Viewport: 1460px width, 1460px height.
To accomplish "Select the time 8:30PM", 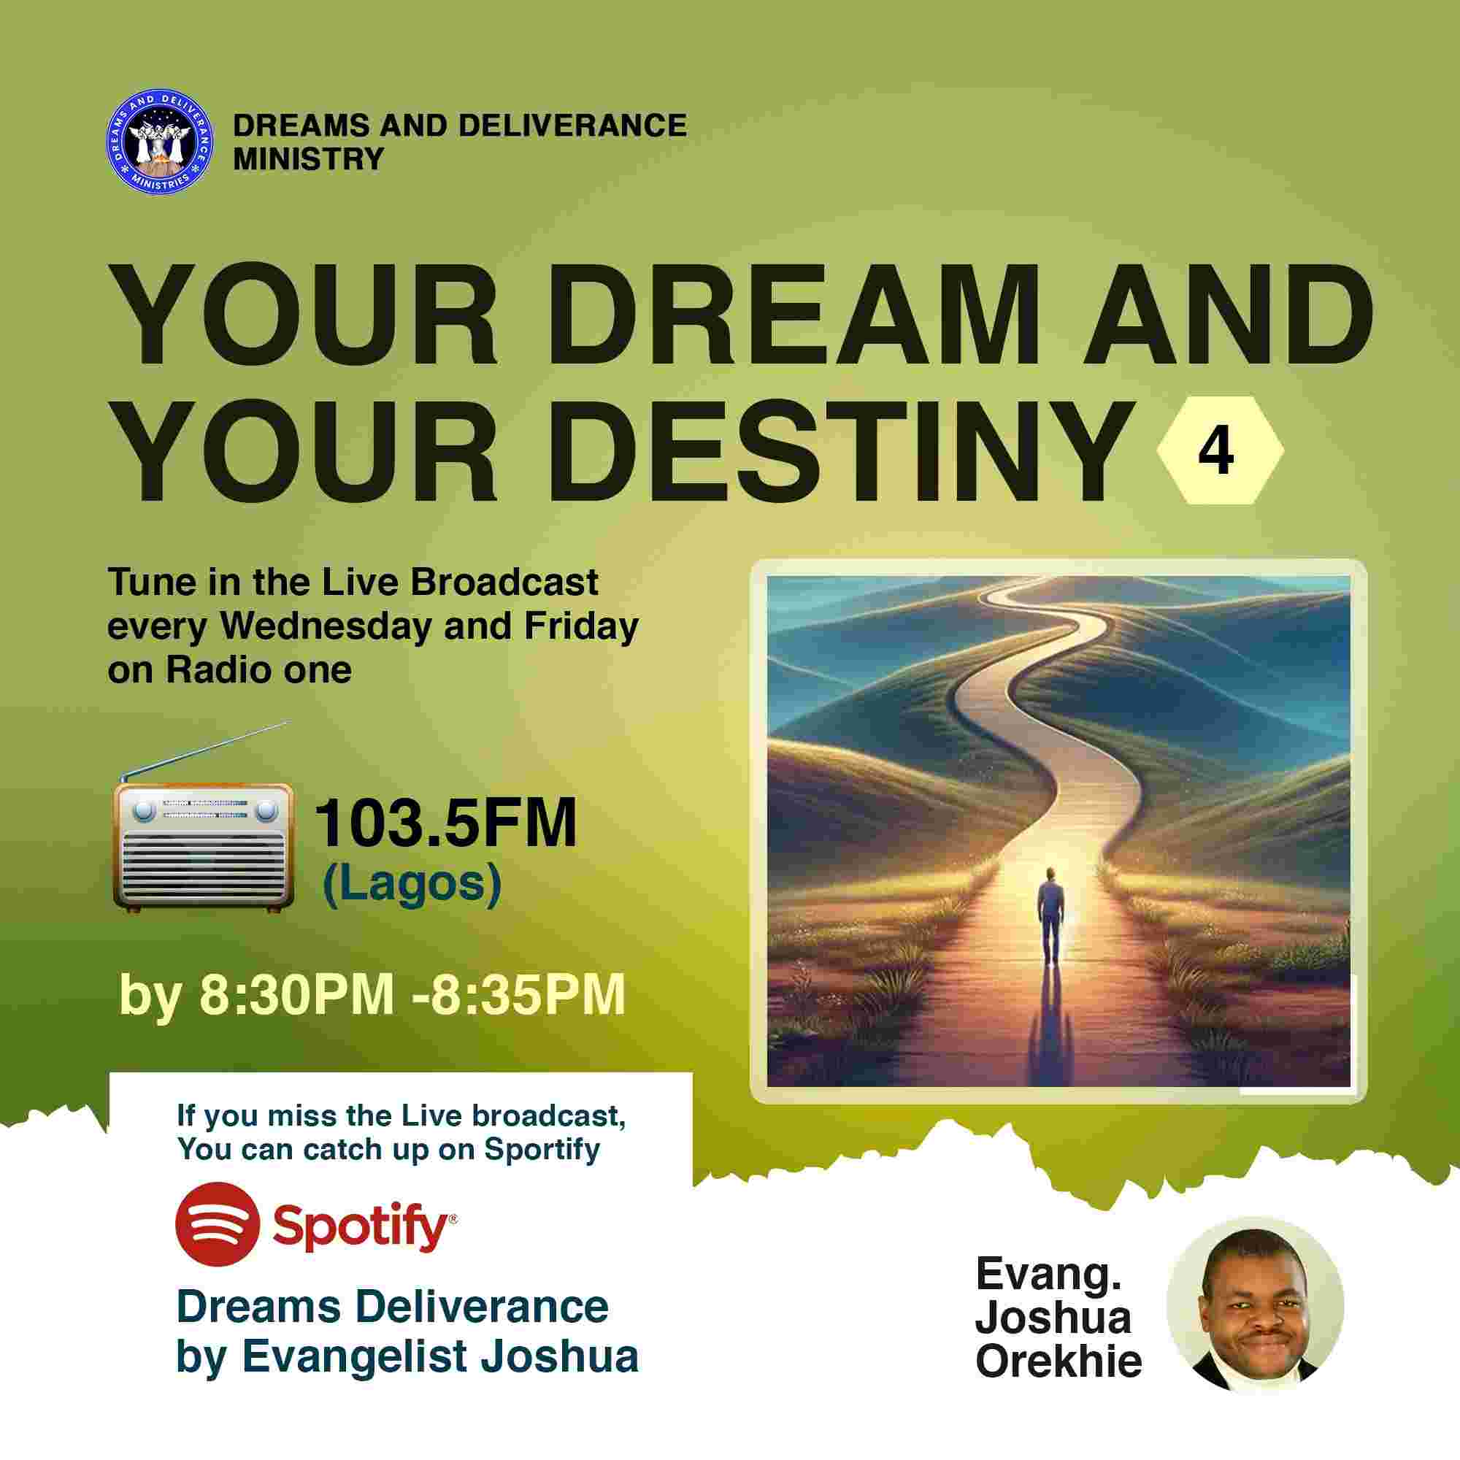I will pyautogui.click(x=296, y=994).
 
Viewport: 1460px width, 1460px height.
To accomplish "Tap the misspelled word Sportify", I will pyautogui.click(x=542, y=1150).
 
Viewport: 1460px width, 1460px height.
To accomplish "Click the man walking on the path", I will pyautogui.click(x=1048, y=917).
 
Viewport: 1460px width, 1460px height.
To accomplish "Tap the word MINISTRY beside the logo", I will pyautogui.click(x=308, y=158).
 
